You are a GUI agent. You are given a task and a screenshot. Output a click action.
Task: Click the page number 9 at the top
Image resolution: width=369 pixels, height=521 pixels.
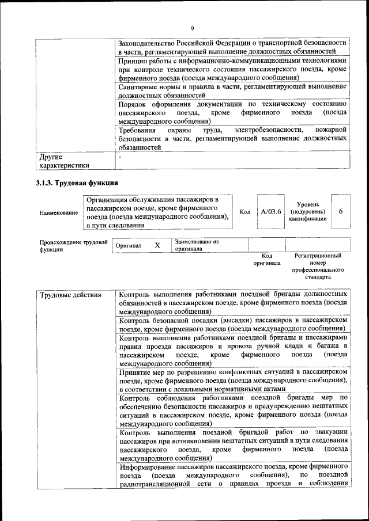(x=193, y=28)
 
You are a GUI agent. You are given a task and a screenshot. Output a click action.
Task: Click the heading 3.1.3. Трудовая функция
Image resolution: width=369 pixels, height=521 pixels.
(x=77, y=184)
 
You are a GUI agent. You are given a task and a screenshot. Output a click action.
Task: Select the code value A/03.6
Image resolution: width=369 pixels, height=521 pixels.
(x=270, y=211)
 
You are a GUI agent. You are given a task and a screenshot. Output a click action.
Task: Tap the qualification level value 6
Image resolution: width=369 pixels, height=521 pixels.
(x=341, y=211)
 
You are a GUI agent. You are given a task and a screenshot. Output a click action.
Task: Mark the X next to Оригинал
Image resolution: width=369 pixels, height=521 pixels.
(x=157, y=245)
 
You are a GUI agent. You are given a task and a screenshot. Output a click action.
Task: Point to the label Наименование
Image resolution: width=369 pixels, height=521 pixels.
(x=59, y=213)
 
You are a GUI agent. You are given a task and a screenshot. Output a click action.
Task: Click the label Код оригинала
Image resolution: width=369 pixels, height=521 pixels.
(x=266, y=259)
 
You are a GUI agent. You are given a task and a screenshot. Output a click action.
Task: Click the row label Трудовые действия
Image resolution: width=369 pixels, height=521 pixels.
(x=70, y=295)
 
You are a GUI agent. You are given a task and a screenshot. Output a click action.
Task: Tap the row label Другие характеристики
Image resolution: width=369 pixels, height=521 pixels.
(x=63, y=161)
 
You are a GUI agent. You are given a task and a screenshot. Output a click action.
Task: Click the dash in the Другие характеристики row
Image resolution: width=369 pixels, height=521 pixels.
(x=120, y=157)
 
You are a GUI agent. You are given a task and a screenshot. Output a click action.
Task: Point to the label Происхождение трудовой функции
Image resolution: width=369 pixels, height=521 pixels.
(x=73, y=246)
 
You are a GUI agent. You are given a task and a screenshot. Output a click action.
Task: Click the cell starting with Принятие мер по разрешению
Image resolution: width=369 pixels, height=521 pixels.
(x=232, y=380)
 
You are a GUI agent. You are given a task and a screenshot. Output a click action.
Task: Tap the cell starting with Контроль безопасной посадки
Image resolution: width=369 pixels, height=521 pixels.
(x=232, y=323)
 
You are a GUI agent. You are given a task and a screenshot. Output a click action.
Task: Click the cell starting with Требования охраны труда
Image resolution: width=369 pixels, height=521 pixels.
(x=232, y=139)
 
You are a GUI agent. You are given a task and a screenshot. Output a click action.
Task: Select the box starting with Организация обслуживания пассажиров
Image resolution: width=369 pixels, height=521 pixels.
(x=157, y=212)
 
